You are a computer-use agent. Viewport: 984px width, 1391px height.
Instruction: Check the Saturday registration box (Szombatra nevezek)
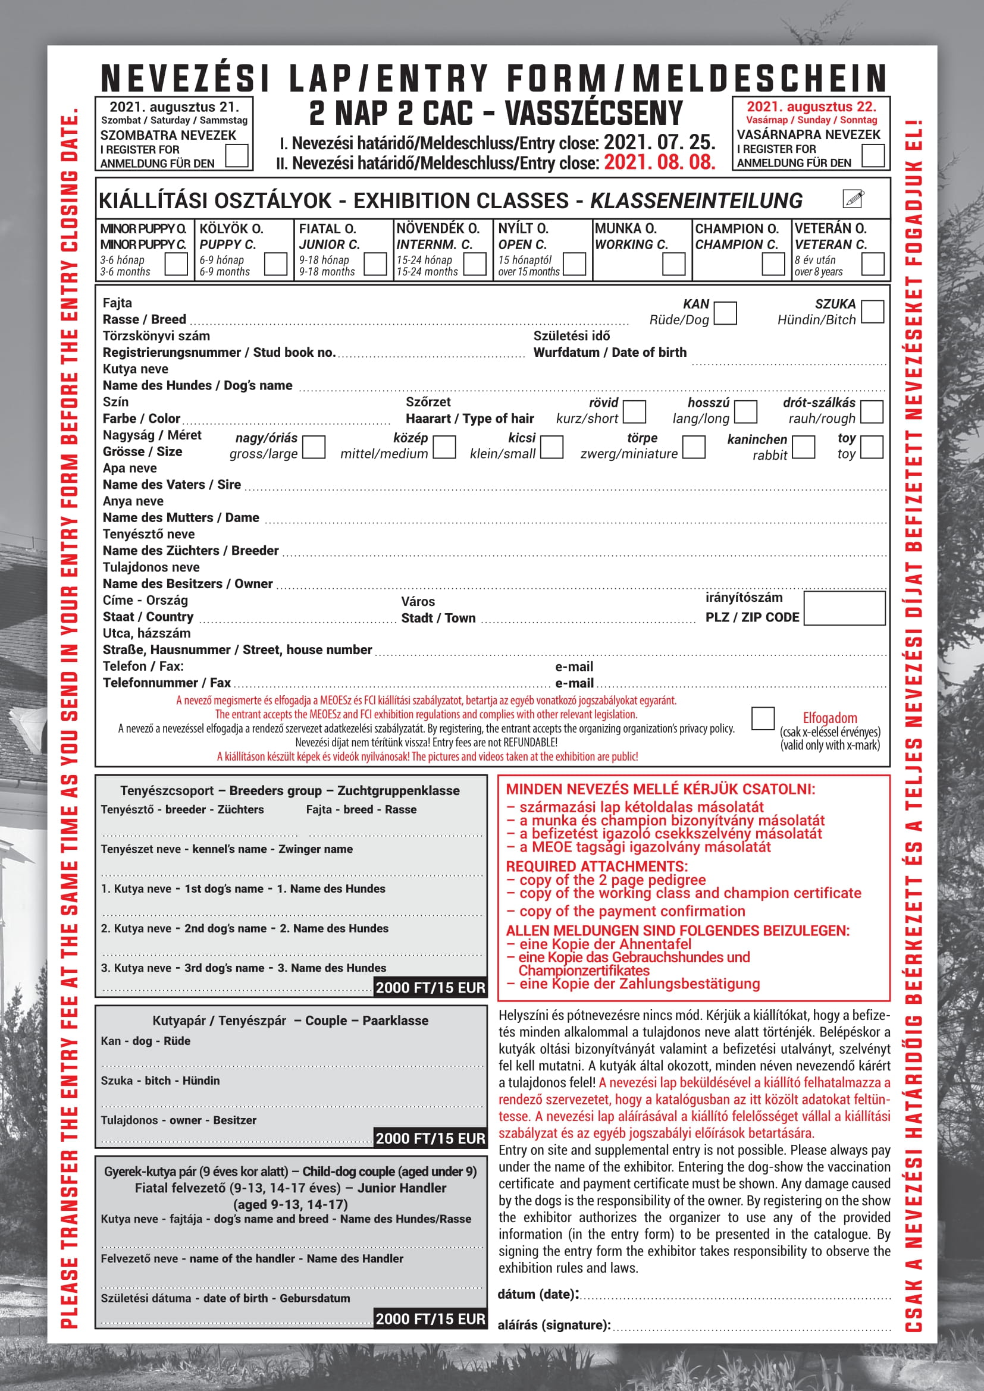pyautogui.click(x=236, y=156)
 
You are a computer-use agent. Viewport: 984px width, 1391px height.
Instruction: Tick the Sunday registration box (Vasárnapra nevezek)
pyautogui.click(x=873, y=155)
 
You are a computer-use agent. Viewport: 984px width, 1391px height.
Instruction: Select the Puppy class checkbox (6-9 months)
pyautogui.click(x=275, y=264)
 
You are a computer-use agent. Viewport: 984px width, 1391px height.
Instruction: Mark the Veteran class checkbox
pyautogui.click(x=873, y=264)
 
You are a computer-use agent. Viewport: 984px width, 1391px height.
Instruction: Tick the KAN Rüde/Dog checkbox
pyautogui.click(x=725, y=313)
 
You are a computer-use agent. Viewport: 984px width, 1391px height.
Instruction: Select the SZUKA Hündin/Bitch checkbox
pyautogui.click(x=872, y=312)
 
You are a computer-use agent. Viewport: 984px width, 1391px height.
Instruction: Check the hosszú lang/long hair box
pyautogui.click(x=746, y=412)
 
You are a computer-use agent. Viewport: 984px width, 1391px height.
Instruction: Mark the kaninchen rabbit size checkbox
pyautogui.click(x=803, y=447)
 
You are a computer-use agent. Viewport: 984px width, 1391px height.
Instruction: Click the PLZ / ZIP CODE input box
pyautogui.click(x=844, y=608)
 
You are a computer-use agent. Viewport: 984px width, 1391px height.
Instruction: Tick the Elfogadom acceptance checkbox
pyautogui.click(x=762, y=718)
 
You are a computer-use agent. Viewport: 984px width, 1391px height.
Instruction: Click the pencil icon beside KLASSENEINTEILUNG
pyautogui.click(x=853, y=199)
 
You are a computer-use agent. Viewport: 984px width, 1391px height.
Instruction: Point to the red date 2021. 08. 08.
pyautogui.click(x=660, y=162)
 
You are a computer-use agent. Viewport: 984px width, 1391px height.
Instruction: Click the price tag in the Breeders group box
pyautogui.click(x=430, y=988)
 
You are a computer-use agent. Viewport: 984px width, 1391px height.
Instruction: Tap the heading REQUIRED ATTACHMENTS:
pyautogui.click(x=597, y=866)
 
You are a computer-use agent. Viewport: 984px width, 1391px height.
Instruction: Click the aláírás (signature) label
pyautogui.click(x=554, y=1325)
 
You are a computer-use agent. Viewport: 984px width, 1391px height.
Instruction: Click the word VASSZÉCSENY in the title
pyautogui.click(x=594, y=114)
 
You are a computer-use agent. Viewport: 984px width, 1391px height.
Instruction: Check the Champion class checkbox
pyautogui.click(x=773, y=264)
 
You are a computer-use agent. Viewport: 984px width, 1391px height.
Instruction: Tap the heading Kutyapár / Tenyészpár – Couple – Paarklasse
pyautogui.click(x=290, y=1021)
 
